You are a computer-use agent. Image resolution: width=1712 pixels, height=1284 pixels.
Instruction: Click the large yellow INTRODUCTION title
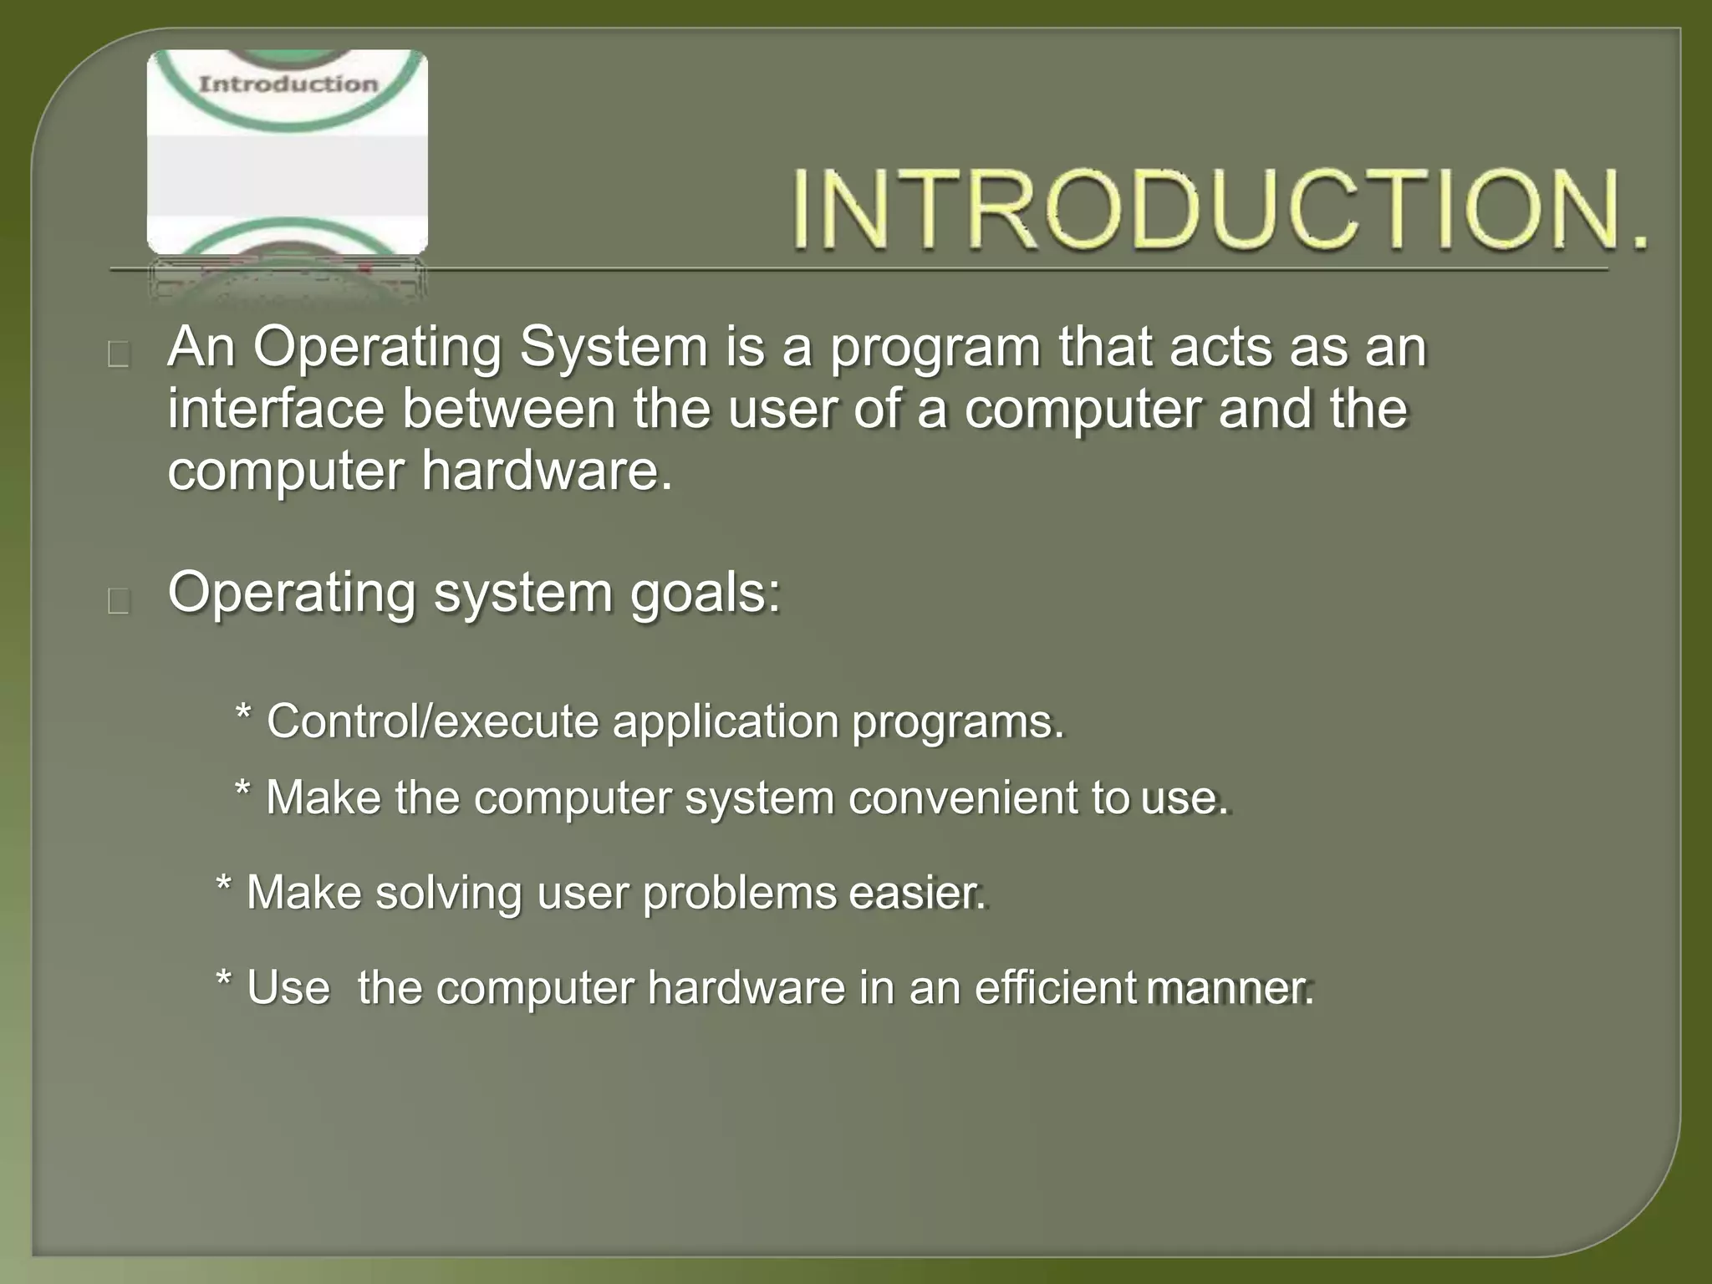click(x=1219, y=209)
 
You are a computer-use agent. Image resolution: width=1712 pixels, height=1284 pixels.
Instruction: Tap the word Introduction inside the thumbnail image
click(x=288, y=84)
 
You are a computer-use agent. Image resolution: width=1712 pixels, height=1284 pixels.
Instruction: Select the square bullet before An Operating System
click(x=119, y=355)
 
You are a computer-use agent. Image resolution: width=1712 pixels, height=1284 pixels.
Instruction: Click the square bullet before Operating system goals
click(x=119, y=601)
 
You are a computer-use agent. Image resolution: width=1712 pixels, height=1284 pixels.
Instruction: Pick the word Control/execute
click(x=432, y=721)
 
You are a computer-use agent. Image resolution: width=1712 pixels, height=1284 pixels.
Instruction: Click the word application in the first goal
click(x=725, y=721)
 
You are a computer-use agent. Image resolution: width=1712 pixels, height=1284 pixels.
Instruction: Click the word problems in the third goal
click(x=739, y=894)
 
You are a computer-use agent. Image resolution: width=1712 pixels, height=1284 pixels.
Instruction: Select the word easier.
click(x=917, y=892)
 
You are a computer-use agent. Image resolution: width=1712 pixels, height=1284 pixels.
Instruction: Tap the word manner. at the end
click(x=1229, y=987)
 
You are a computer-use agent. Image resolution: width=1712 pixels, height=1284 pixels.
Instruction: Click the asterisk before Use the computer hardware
click(x=224, y=980)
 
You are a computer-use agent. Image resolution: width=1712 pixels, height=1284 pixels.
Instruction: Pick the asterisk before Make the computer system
click(x=243, y=788)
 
